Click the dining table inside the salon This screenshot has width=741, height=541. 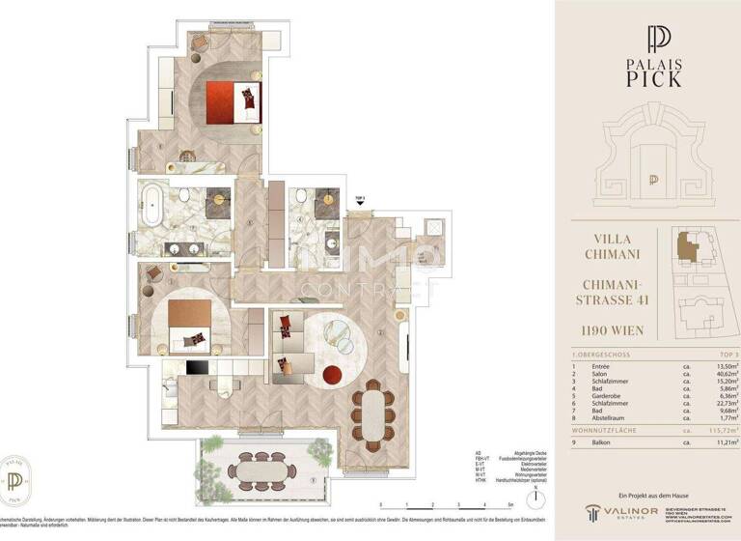point(370,406)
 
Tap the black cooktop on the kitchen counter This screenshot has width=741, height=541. point(198,367)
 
